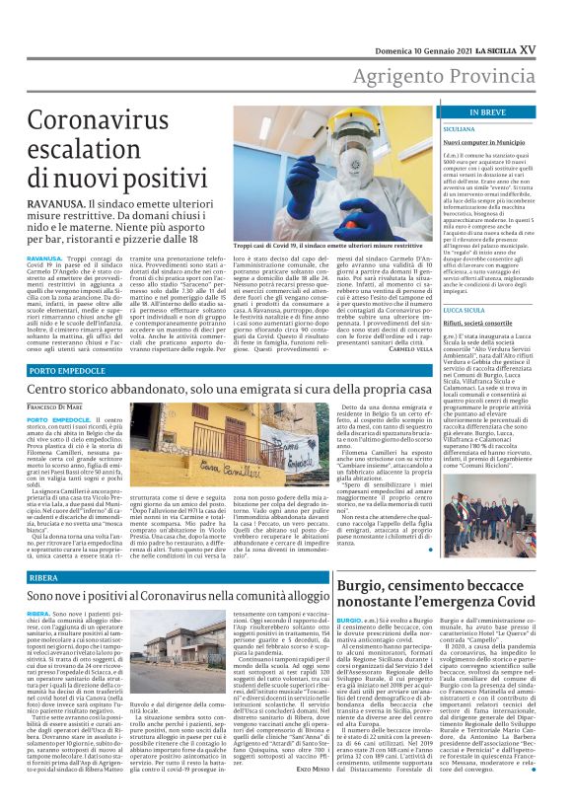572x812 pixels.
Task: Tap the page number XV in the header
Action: click(555, 21)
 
